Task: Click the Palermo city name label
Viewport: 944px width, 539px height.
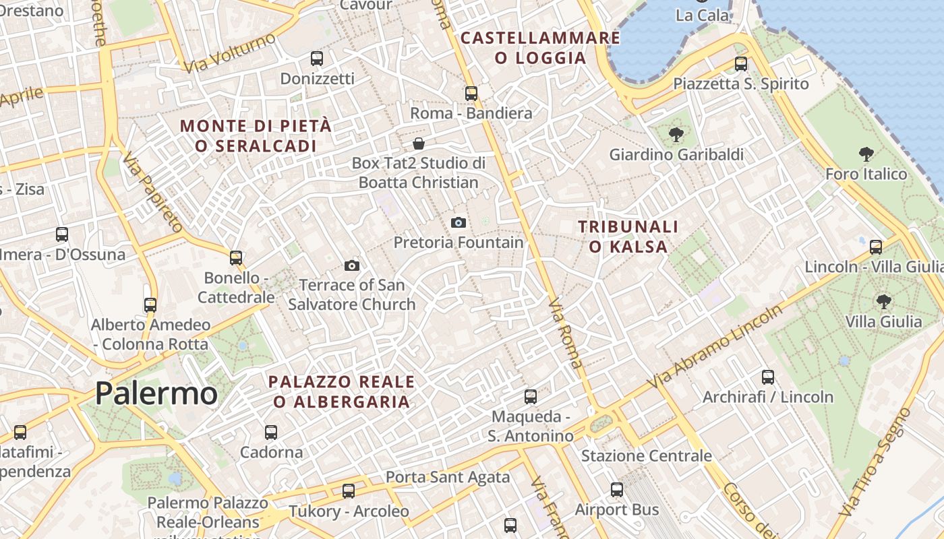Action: tap(156, 393)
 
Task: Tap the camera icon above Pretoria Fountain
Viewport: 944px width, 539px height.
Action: tap(459, 222)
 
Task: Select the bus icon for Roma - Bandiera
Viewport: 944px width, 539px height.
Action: tap(471, 94)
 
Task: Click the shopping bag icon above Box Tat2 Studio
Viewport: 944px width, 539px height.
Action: tap(419, 144)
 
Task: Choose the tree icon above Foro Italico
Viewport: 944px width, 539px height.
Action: tap(866, 154)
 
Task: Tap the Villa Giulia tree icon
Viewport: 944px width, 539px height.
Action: tap(883, 302)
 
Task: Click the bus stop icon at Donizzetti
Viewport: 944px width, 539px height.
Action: tap(317, 59)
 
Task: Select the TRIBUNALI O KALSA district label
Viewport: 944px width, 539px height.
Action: tap(628, 236)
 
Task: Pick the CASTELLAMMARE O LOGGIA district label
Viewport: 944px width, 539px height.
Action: tap(540, 48)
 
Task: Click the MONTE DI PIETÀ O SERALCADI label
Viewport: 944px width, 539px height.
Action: tap(256, 135)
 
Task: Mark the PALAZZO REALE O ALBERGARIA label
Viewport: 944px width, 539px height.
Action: tap(341, 391)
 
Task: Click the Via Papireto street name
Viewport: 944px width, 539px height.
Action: tap(153, 192)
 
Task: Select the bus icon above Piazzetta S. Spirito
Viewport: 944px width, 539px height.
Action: tap(741, 64)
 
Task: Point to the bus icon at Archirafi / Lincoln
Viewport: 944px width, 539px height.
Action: tap(768, 377)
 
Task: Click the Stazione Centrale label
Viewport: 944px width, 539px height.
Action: tap(647, 456)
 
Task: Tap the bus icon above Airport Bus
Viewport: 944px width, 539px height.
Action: tap(617, 490)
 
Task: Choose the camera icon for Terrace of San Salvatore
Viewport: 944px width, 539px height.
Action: tap(351, 265)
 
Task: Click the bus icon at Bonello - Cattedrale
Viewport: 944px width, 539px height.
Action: tap(236, 258)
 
